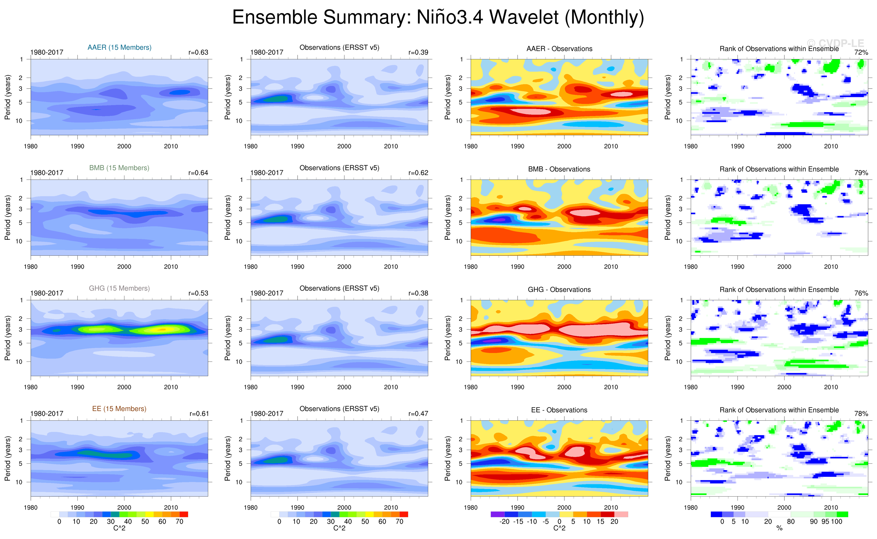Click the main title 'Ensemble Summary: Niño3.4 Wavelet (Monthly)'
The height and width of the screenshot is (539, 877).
tap(438, 17)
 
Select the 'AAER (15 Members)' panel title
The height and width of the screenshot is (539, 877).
tap(119, 47)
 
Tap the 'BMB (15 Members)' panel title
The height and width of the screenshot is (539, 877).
tap(119, 168)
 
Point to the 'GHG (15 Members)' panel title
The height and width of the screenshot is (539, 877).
tap(119, 288)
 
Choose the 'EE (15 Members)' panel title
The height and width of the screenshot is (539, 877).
tap(119, 409)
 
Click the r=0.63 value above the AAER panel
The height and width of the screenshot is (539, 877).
tap(198, 52)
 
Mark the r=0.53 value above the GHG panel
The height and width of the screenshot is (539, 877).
tap(198, 293)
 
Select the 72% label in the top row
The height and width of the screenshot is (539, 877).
tap(861, 52)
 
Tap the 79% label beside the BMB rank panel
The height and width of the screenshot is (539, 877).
tap(861, 173)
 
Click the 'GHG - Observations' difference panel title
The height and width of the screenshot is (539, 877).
tap(559, 290)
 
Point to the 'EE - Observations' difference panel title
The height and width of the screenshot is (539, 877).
tap(559, 410)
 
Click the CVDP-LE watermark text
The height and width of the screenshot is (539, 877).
tap(835, 44)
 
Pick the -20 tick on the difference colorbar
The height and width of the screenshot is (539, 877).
tap(504, 522)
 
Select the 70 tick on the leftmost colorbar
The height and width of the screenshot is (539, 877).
tap(179, 522)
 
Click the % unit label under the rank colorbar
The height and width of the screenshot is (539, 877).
tap(779, 528)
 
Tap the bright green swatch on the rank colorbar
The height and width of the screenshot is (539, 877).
tap(842, 514)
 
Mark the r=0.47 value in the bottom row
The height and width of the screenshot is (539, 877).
tap(418, 414)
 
